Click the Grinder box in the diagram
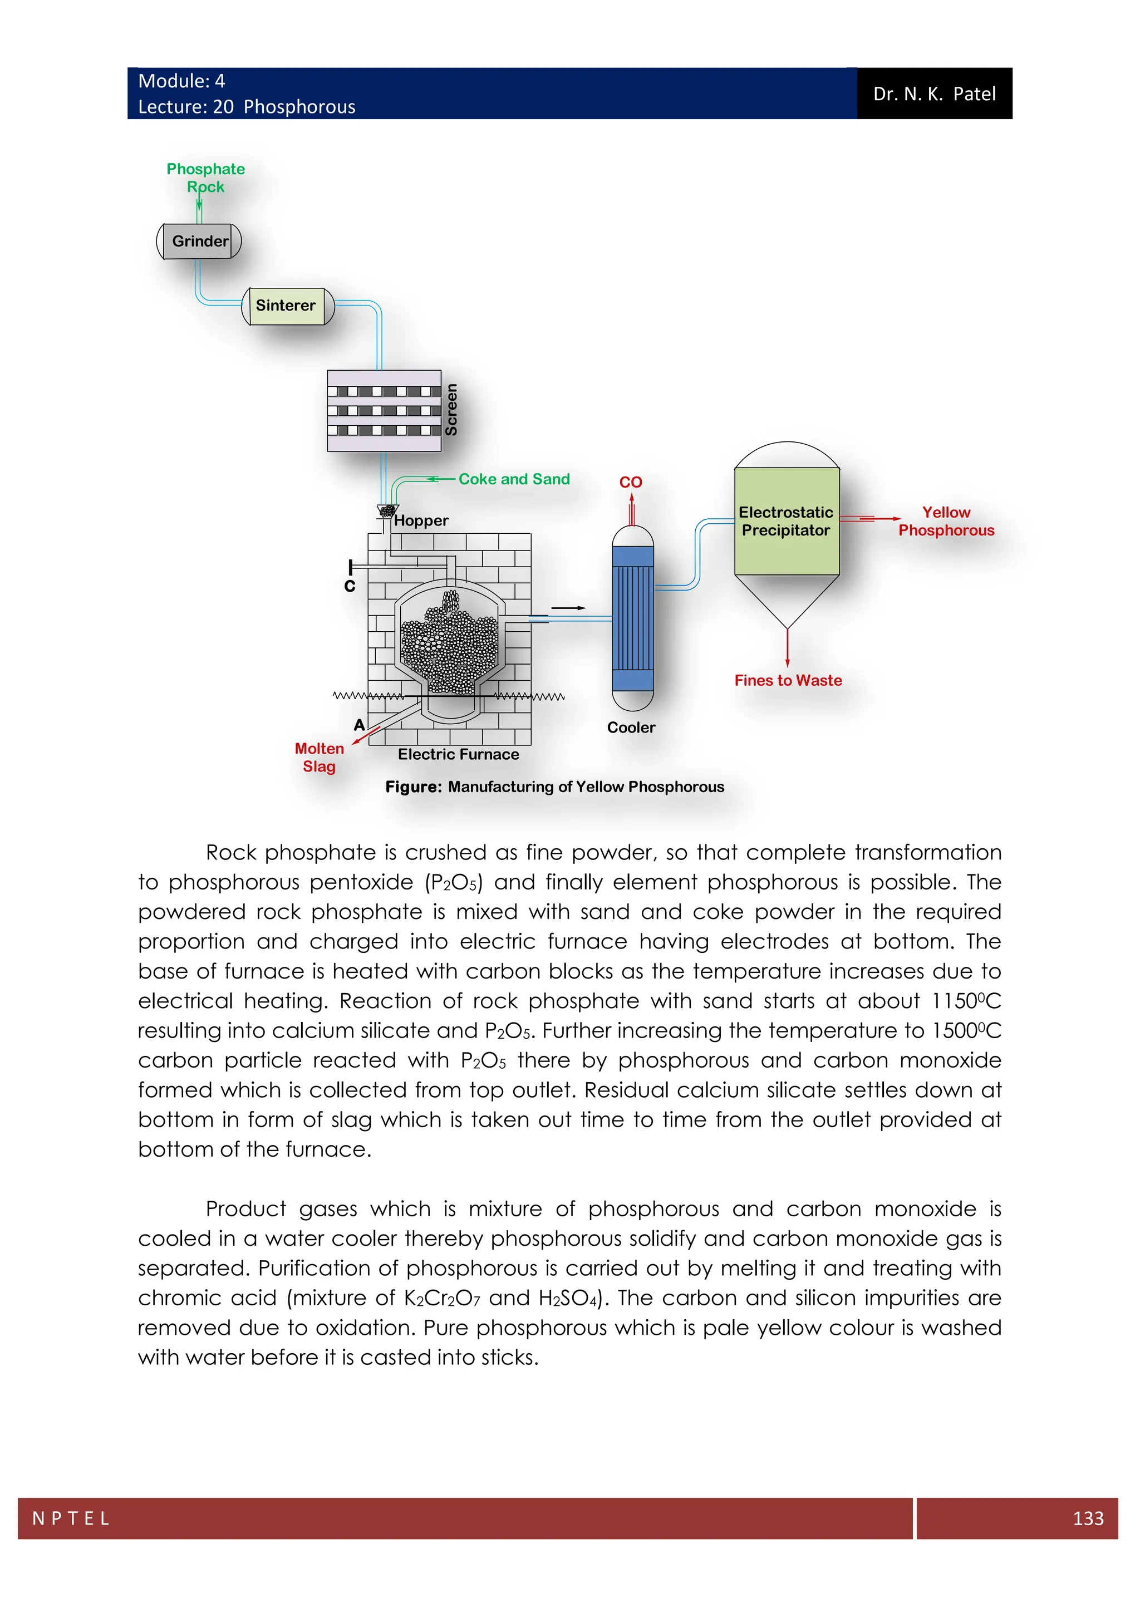click(x=199, y=242)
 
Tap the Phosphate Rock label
click(x=205, y=178)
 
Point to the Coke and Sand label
click(x=514, y=479)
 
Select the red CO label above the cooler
click(x=630, y=483)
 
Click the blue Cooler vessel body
click(x=632, y=618)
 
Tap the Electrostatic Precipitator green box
click(x=785, y=522)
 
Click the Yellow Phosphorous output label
click(x=946, y=522)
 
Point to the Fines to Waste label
click(x=788, y=680)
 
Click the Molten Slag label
click(x=320, y=758)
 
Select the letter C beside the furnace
click(x=350, y=586)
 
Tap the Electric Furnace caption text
click(x=458, y=755)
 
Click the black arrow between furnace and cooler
click(x=568, y=608)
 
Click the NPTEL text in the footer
click(x=71, y=1518)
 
